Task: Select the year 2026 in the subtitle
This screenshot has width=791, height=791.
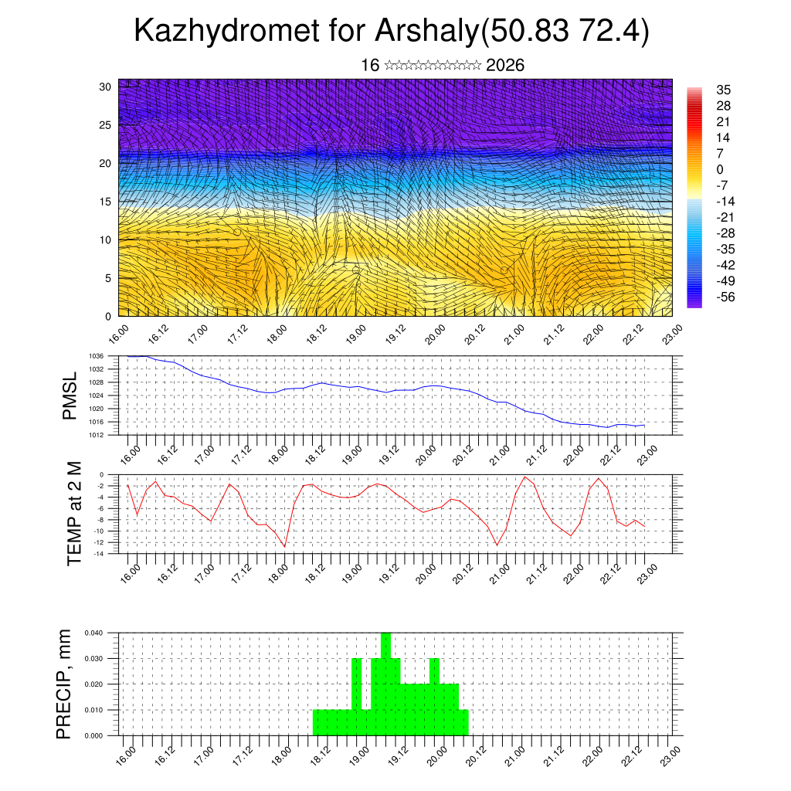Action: tap(505, 66)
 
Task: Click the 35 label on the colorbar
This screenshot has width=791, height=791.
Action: tap(724, 90)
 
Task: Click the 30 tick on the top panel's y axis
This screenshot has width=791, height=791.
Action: tap(106, 87)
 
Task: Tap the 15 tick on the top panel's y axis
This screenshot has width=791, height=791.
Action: tap(106, 202)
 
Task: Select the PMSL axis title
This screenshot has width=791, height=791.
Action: tap(70, 395)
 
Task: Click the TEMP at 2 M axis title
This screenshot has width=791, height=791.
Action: tap(74, 514)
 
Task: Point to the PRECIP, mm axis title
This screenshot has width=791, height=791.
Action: tap(65, 684)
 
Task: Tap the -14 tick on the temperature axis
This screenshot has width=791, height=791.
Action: tap(100, 554)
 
